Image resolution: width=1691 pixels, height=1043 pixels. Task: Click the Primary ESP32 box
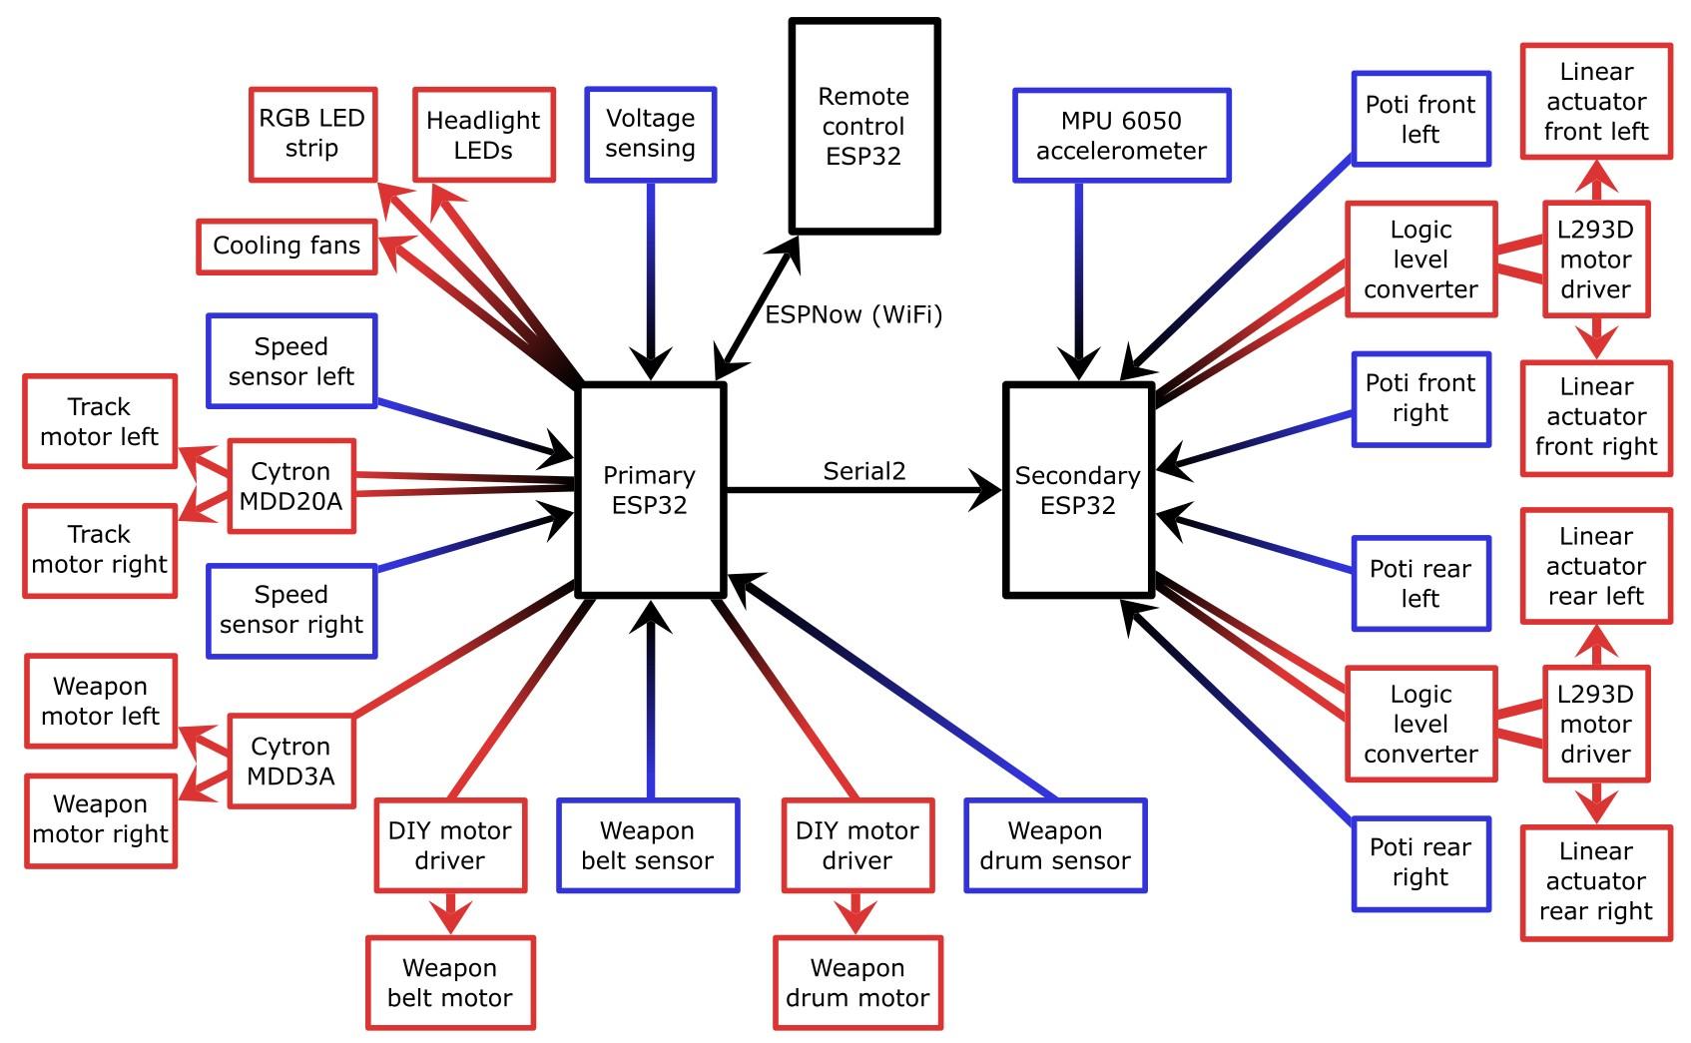tap(650, 490)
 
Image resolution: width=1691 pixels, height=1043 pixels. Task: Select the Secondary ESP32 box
tap(1077, 490)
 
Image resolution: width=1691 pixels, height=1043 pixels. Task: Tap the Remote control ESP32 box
tap(863, 126)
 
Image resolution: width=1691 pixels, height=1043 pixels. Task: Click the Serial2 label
tap(863, 471)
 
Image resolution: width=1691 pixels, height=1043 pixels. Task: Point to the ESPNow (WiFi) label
tap(853, 315)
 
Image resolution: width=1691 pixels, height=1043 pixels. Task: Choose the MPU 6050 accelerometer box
tap(1121, 136)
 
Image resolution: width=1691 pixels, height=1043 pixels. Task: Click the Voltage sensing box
tap(650, 134)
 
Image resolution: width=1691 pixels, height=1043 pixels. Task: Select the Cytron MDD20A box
tap(290, 486)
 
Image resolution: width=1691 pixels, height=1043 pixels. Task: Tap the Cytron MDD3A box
tap(290, 761)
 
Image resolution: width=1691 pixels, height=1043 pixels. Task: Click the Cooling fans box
tap(286, 246)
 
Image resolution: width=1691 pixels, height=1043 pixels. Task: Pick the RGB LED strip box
tap(311, 134)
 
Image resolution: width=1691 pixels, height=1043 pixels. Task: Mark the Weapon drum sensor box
tap(1054, 845)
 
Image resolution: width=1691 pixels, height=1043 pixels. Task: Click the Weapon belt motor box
tap(449, 982)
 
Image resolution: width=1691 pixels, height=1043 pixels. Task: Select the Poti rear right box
tap(1419, 863)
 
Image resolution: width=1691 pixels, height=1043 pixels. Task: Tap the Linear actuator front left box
tap(1595, 101)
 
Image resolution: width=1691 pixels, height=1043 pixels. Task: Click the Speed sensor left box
tap(290, 361)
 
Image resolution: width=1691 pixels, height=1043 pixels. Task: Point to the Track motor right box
tap(99, 550)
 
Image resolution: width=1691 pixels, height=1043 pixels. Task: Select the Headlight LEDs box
tap(483, 135)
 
